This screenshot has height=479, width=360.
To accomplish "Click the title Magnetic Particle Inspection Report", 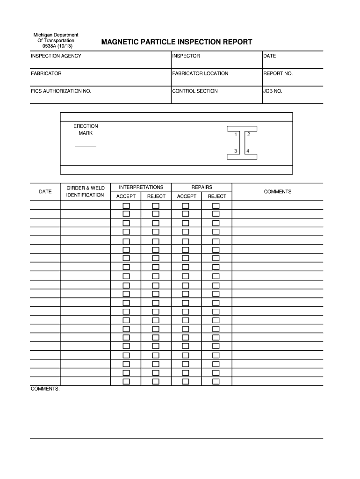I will (177, 42).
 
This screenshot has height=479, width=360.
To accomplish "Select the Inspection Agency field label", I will (56, 56).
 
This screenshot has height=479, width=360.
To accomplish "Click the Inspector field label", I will (186, 56).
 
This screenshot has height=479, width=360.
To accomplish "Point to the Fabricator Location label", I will (200, 73).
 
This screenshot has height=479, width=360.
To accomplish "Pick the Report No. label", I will (278, 73).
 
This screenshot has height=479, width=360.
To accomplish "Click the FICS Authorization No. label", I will (61, 91).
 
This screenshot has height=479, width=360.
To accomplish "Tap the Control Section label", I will (195, 91).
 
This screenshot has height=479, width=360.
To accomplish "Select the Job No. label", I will (273, 91).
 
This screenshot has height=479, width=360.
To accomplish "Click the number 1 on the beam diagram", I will (236, 135).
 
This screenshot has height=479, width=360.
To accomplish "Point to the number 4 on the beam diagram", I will (248, 151).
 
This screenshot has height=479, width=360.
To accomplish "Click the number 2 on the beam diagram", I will (248, 135).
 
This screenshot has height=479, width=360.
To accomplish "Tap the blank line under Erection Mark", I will (86, 146).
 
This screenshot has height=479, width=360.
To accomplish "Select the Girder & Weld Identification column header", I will (86, 191).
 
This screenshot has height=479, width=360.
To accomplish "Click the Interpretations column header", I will (141, 187).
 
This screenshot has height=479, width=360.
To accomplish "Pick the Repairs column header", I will (202, 187).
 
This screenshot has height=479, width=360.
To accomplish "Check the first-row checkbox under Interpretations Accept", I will (126, 206).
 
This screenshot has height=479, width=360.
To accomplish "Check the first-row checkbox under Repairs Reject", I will (216, 206).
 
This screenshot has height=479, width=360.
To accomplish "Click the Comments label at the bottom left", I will (45, 389).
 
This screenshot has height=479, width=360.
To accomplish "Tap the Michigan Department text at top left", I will (56, 35).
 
